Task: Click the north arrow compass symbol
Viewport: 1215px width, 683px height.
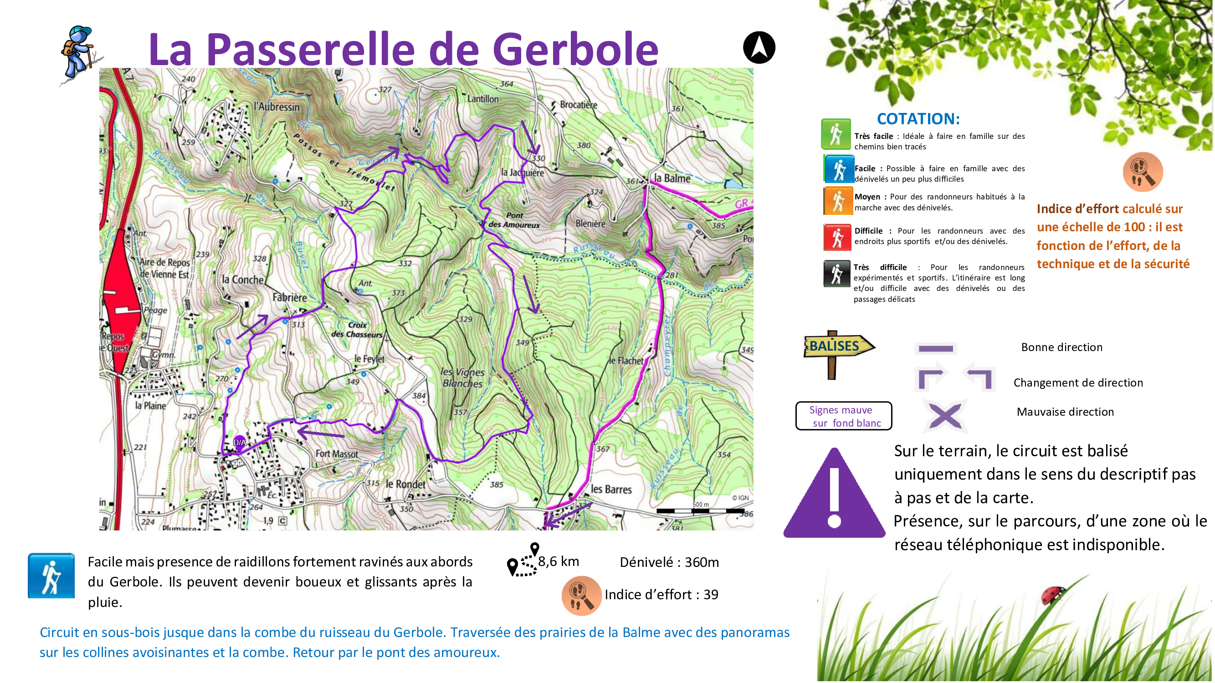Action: click(x=759, y=48)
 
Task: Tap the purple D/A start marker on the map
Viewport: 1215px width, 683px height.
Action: click(x=240, y=442)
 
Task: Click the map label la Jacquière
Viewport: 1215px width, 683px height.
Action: click(x=522, y=173)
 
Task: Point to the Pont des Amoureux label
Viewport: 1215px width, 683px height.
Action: click(x=514, y=220)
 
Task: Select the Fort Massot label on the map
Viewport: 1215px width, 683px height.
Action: click(x=336, y=454)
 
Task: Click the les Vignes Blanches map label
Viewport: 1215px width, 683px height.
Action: click(x=462, y=377)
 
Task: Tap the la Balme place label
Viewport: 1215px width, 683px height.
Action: click(x=672, y=178)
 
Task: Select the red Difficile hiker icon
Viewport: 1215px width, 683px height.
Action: click(x=837, y=237)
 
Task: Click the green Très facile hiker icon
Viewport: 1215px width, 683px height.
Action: click(x=836, y=134)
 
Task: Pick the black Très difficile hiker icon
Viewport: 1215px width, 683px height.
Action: click(x=836, y=273)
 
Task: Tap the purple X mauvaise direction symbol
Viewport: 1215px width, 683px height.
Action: click(x=945, y=416)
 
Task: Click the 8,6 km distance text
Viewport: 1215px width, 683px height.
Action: click(x=558, y=561)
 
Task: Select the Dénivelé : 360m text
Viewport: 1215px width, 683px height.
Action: click(x=669, y=562)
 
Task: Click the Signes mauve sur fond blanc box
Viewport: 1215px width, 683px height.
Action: click(x=844, y=416)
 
